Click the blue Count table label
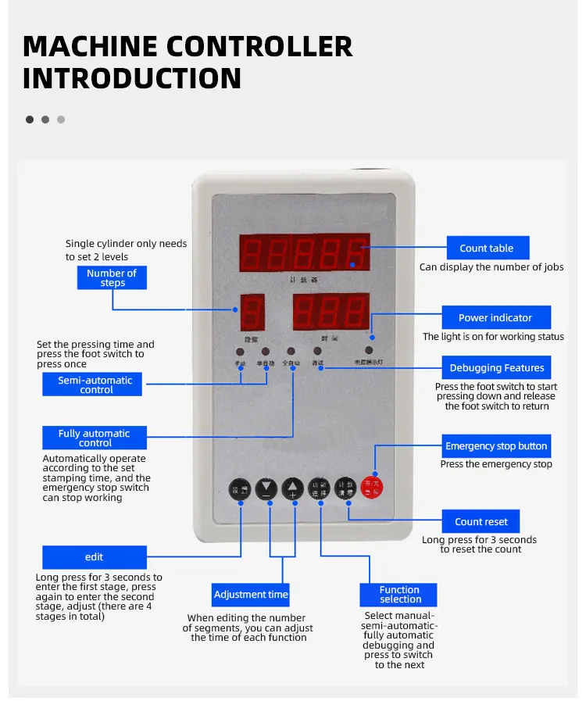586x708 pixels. click(x=487, y=248)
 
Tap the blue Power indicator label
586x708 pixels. click(x=495, y=317)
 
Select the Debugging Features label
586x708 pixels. click(x=496, y=368)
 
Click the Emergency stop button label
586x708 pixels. click(x=496, y=446)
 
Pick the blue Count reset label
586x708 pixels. click(x=481, y=522)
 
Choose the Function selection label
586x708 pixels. click(x=399, y=595)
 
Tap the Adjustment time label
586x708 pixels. click(x=251, y=595)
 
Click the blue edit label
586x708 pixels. click(x=94, y=557)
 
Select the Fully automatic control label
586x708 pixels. click(x=94, y=438)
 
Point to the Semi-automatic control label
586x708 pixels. click(x=95, y=384)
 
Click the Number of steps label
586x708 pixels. click(x=112, y=277)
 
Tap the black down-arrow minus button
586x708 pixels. click(x=266, y=489)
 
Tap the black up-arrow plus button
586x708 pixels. click(x=292, y=489)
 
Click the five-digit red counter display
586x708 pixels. click(x=305, y=253)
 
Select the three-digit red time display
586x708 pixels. click(x=331, y=312)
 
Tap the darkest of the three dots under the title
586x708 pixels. click(x=30, y=120)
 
